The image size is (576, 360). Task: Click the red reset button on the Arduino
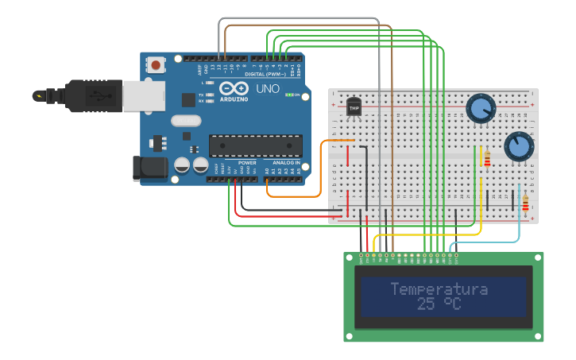point(156,64)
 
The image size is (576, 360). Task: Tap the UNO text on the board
point(268,89)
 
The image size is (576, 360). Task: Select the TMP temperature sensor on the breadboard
point(354,107)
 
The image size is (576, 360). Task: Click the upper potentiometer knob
point(480,107)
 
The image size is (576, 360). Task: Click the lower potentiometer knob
point(518,145)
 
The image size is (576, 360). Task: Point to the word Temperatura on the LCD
point(439,289)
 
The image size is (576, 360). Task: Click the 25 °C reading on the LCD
point(439,304)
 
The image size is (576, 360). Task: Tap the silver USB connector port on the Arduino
point(144,95)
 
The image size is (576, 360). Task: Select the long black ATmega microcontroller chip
point(255,145)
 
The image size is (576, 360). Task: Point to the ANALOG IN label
point(286,163)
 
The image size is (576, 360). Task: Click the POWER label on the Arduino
point(246,163)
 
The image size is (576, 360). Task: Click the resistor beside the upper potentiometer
point(487,158)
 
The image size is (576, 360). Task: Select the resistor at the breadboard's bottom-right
point(525,205)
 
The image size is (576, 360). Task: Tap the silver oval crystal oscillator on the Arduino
point(186,121)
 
